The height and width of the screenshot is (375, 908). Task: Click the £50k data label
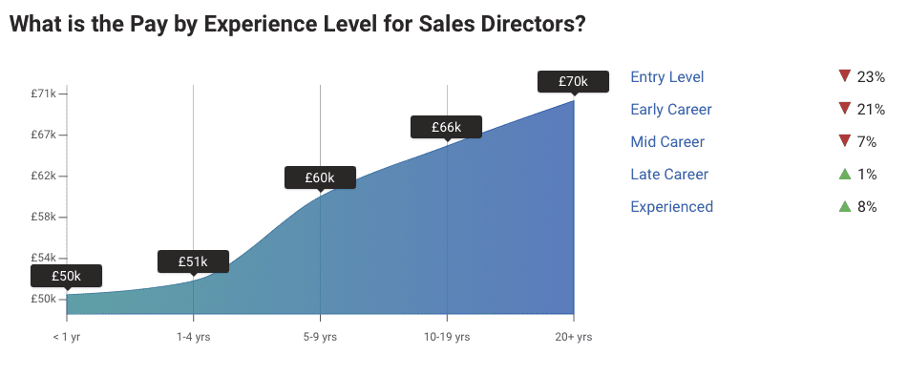pos(66,276)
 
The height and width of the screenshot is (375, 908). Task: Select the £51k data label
pos(193,260)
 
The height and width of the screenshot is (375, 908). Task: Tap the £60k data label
pos(320,177)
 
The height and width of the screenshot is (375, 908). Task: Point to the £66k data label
pos(446,127)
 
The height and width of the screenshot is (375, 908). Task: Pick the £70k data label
pos(573,81)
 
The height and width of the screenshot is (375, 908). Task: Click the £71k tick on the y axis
pos(43,94)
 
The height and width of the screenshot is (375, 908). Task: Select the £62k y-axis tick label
pos(43,176)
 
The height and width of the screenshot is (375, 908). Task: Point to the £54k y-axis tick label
pos(43,258)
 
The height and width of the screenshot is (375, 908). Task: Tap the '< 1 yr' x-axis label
pos(67,337)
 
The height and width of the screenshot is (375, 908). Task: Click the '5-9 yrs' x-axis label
pos(320,337)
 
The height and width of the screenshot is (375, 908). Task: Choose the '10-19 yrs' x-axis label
pos(447,337)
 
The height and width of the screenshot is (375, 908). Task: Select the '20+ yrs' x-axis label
pos(574,337)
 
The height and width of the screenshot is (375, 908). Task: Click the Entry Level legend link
pos(667,77)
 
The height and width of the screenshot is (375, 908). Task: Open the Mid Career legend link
pos(667,142)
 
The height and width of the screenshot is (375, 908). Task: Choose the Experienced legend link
pos(671,207)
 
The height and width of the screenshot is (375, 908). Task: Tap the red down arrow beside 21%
pos(843,109)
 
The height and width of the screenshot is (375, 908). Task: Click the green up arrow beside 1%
pos(844,174)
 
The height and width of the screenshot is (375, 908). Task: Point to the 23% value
pos(871,77)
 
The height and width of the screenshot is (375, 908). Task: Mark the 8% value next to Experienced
pos(867,207)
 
